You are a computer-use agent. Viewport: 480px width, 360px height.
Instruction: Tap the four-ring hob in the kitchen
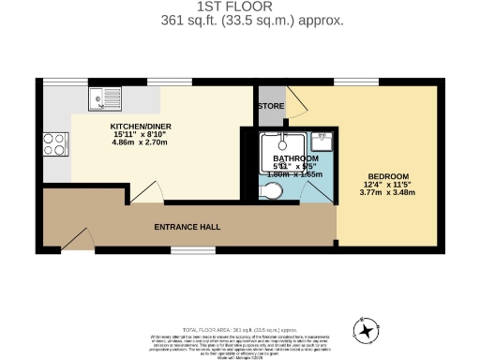click(53, 143)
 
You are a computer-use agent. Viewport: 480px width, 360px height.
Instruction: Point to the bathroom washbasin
click(322, 142)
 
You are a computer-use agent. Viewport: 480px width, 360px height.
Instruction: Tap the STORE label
click(271, 106)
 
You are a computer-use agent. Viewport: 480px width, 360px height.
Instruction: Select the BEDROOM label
click(387, 176)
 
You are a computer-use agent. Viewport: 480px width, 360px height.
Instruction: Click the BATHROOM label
click(282, 158)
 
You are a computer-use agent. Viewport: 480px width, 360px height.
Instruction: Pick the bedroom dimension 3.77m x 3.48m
click(387, 193)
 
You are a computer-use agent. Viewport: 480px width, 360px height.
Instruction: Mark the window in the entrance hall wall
click(185, 249)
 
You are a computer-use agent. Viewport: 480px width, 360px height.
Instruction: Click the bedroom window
click(350, 82)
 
